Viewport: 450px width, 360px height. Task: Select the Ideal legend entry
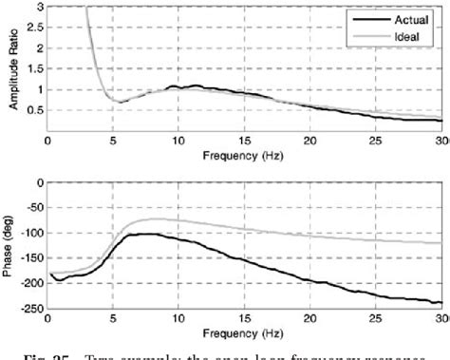(409, 33)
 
